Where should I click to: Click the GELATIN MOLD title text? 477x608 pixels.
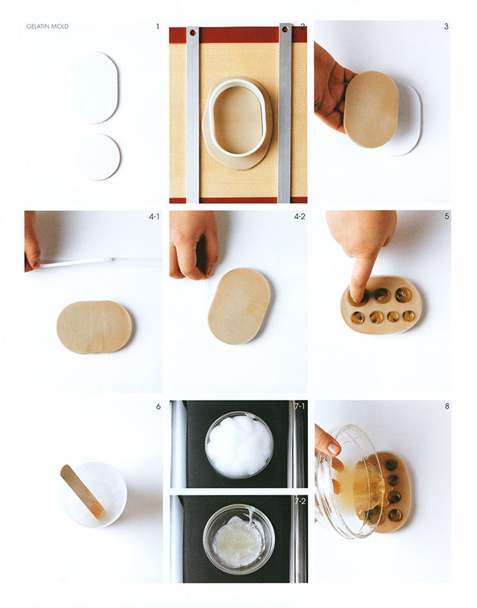click(48, 26)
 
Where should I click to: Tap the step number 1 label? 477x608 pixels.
click(157, 27)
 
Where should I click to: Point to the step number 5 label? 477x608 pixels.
click(446, 217)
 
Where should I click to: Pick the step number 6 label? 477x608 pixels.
click(158, 407)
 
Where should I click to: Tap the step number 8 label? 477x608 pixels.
click(446, 407)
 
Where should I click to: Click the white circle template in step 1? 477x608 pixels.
click(98, 157)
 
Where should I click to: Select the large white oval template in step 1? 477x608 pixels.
click(95, 87)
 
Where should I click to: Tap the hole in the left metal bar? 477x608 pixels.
click(192, 33)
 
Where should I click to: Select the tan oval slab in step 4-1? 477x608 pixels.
click(94, 326)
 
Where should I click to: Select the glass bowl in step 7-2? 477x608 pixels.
click(238, 539)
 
